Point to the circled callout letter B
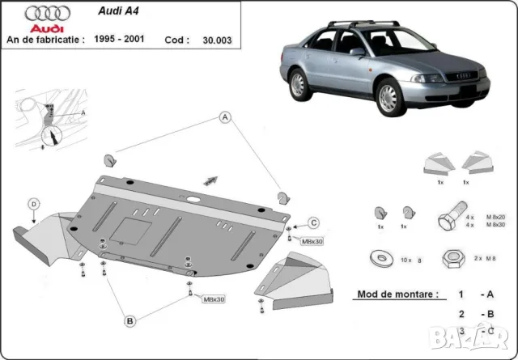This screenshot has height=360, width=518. [x=129, y=321]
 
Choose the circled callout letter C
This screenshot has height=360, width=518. [x=314, y=223]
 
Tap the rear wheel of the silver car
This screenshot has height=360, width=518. [x=299, y=83]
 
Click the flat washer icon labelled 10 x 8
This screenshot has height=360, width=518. [x=377, y=259]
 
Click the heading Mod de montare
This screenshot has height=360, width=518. [x=394, y=296]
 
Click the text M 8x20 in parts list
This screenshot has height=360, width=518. [x=495, y=215]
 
